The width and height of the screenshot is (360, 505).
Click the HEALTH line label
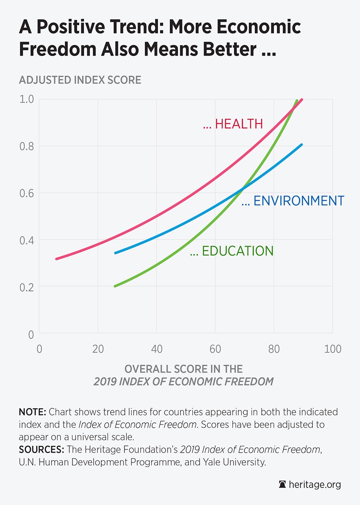(x=233, y=124)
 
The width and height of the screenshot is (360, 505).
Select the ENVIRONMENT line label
(x=293, y=201)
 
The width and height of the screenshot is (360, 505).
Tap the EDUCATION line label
(x=232, y=251)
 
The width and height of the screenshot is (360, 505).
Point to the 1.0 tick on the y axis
(x=27, y=99)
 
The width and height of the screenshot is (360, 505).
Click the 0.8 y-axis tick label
(x=27, y=146)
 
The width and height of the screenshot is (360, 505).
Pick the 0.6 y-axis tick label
(x=27, y=193)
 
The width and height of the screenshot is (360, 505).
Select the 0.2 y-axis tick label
(x=27, y=287)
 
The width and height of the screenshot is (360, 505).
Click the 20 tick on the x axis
(x=98, y=349)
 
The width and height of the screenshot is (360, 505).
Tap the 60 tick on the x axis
(x=215, y=349)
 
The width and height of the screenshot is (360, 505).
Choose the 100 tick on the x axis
(x=332, y=349)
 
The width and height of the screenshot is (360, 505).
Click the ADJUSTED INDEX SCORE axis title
(x=80, y=80)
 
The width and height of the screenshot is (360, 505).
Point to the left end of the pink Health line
(x=56, y=259)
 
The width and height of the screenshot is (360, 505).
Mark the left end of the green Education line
(x=115, y=286)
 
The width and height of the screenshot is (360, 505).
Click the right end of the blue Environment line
(x=302, y=145)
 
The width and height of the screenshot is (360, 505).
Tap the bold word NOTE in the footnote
(x=32, y=412)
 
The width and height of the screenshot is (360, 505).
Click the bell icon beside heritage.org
(x=282, y=485)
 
